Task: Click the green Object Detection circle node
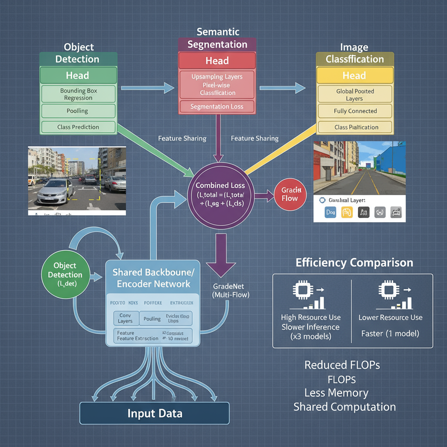tap(65, 275)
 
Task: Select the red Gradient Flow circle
tap(289, 194)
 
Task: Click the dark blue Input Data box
tap(155, 413)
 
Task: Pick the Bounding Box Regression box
tap(78, 94)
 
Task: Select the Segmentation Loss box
tap(217, 107)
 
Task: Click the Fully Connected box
tap(355, 111)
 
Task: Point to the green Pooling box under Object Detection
tap(78, 111)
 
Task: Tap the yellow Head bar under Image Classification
tap(354, 76)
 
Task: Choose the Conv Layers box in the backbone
tap(126, 318)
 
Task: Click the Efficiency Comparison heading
tap(354, 263)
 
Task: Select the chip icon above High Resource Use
tap(301, 290)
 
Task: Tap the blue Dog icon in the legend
tap(330, 213)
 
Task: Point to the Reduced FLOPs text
tap(342, 365)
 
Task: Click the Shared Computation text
tap(344, 407)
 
